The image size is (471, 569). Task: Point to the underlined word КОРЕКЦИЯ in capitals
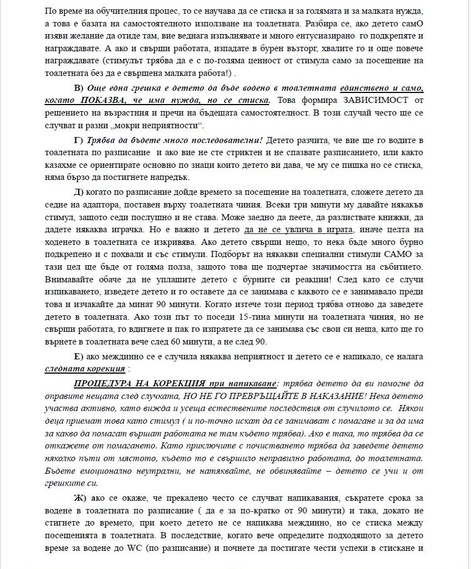pyautogui.click(x=176, y=383)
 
